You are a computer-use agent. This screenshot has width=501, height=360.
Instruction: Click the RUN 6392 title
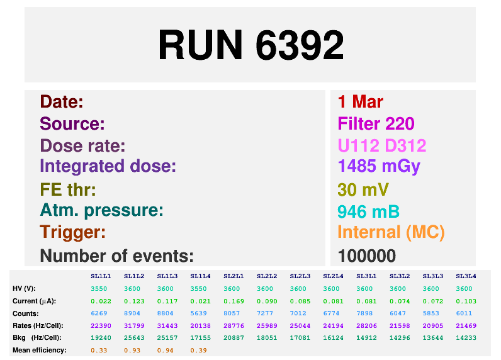[250, 45]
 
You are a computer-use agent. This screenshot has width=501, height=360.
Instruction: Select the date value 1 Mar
[360, 102]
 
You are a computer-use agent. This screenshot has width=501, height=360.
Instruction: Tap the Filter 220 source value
[376, 123]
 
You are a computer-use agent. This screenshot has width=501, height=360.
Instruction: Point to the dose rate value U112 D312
[381, 146]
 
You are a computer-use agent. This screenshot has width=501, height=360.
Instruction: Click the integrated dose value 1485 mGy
[378, 166]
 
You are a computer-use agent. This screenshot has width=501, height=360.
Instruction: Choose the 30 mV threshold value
[363, 189]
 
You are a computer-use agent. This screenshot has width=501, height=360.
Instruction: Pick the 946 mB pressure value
[368, 211]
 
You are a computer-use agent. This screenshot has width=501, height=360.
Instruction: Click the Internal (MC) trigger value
[391, 232]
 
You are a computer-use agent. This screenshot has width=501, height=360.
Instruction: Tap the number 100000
[366, 256]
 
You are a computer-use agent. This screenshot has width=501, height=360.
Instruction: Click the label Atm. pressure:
[101, 210]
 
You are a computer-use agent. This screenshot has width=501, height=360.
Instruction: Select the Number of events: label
[116, 256]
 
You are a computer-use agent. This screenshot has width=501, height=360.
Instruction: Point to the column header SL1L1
[101, 276]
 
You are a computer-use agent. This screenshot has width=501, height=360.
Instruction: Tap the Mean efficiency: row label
[40, 350]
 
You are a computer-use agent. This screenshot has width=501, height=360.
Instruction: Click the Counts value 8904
[134, 313]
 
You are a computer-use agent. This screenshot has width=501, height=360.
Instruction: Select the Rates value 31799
[134, 325]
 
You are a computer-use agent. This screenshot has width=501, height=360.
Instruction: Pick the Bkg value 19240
[101, 337]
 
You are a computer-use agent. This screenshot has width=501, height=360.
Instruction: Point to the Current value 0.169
[234, 301]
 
